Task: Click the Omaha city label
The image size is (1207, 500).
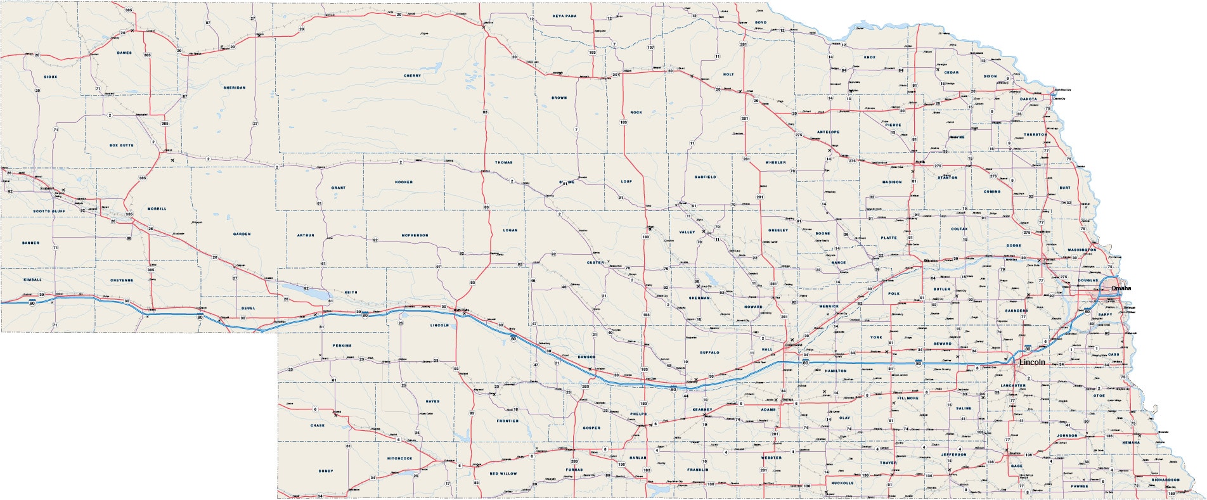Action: tap(1120, 288)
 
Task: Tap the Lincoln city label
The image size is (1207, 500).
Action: tap(1032, 362)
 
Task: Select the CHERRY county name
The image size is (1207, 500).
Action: tap(412, 76)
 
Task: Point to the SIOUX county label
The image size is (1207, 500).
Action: tap(51, 77)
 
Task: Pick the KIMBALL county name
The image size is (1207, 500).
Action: tap(32, 279)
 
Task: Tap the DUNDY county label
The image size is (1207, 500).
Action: tap(326, 471)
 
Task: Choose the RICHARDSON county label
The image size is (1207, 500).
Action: tap(1165, 480)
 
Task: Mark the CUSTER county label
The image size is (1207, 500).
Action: tap(595, 262)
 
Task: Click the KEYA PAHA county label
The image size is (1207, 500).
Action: tap(564, 16)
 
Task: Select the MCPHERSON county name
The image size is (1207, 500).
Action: tap(415, 235)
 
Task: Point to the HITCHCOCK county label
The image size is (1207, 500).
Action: tap(399, 458)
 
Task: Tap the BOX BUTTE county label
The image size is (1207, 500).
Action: tap(122, 145)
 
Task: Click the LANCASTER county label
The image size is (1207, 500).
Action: tap(1013, 385)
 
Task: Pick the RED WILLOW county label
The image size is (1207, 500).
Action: tap(503, 473)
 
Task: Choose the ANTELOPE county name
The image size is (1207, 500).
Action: tap(828, 132)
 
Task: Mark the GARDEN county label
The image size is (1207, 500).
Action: tap(242, 234)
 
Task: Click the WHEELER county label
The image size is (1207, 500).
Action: tap(775, 162)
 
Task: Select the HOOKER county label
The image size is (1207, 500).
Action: tap(404, 182)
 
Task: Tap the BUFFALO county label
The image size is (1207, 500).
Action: tap(709, 352)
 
